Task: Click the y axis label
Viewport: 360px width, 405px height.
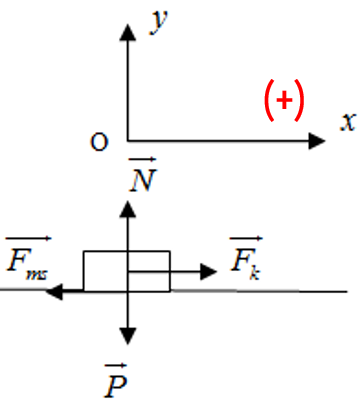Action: [159, 22]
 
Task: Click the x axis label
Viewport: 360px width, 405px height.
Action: [348, 122]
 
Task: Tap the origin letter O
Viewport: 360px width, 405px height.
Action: [99, 142]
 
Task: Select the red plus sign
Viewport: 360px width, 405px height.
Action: [284, 100]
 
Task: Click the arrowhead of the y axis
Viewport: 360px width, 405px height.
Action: [128, 32]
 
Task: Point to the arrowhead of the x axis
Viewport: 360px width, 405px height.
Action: [317, 141]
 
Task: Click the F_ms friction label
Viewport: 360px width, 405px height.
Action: [28, 258]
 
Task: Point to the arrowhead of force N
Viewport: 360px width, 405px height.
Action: [128, 209]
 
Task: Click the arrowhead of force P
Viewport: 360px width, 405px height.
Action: [128, 336]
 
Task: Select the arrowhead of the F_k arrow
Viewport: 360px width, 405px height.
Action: [209, 272]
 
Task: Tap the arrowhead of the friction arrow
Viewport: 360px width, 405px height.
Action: [54, 292]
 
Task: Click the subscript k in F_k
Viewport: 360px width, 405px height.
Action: [255, 273]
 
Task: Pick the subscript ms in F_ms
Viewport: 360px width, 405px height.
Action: [37, 275]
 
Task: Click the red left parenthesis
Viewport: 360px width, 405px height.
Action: [270, 100]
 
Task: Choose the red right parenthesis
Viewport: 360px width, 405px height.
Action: [299, 100]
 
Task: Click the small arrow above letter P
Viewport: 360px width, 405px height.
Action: [116, 366]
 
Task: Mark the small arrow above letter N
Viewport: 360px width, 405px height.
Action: [143, 160]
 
